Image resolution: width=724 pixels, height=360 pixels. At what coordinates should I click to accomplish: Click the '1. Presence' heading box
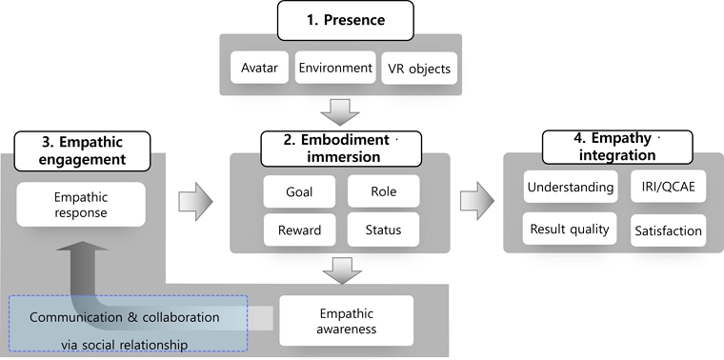[x=346, y=20]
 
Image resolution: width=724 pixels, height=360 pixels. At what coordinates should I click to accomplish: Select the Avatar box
[x=259, y=68]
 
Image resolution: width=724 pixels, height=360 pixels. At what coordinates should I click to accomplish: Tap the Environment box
[x=335, y=68]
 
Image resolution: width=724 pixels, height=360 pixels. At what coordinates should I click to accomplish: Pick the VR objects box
[x=419, y=68]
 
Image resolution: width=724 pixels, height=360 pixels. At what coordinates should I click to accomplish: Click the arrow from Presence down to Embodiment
[x=341, y=112]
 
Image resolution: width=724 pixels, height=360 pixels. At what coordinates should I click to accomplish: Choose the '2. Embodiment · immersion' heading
[x=341, y=149]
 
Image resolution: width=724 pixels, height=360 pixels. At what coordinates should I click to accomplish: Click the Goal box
[x=299, y=191]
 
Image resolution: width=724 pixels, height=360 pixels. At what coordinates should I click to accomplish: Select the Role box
[x=384, y=191]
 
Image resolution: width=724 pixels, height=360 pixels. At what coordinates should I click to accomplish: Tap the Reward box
[x=299, y=230]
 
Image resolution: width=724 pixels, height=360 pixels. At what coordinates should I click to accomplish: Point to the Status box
[x=384, y=230]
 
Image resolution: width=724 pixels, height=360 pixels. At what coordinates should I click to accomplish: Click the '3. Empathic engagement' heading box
[x=82, y=150]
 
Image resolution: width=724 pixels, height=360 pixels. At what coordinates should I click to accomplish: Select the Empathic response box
[x=81, y=205]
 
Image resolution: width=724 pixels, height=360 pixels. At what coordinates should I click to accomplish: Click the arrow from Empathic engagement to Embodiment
[x=196, y=201]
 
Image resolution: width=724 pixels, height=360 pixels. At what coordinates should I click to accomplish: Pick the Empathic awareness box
[x=347, y=321]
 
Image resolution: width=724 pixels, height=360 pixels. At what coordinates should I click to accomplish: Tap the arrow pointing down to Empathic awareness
[x=342, y=270]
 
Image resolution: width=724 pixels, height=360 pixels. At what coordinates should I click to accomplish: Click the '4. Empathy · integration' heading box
[x=617, y=147]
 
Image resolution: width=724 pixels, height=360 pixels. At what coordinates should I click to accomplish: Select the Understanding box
[x=571, y=187]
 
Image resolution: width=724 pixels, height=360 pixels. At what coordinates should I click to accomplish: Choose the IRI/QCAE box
[x=668, y=187]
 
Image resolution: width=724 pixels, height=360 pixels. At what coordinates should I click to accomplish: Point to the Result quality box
[x=570, y=229]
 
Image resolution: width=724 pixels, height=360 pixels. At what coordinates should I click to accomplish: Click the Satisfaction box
[x=668, y=230]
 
